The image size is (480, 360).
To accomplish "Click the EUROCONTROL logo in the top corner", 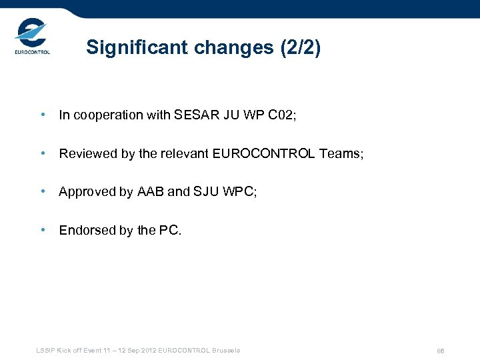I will point(33,39).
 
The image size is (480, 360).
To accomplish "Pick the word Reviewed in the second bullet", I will point(88,154).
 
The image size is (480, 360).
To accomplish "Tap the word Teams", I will point(339,154).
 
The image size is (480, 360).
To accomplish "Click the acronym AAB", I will point(151,192).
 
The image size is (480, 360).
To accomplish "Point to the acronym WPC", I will point(238,192).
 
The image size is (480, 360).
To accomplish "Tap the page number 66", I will point(441,351).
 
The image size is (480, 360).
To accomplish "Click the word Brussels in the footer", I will point(225,351).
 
